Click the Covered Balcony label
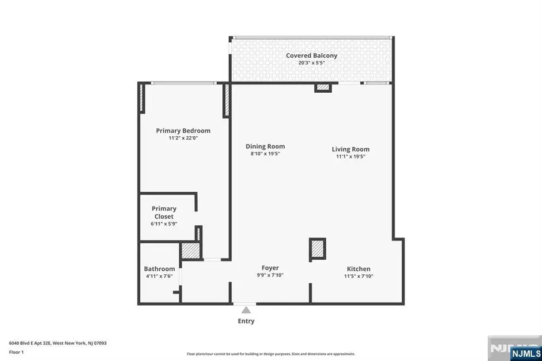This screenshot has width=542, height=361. pyautogui.click(x=311, y=55)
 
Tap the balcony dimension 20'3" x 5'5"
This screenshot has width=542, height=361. pyautogui.click(x=311, y=63)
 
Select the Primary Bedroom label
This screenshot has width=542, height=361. pyautogui.click(x=183, y=131)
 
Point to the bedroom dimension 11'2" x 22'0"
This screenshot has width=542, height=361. pyautogui.click(x=183, y=138)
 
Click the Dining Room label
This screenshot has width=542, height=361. pyautogui.click(x=265, y=146)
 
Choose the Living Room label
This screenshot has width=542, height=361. pyautogui.click(x=350, y=149)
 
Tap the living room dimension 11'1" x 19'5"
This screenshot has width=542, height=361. pyautogui.click(x=350, y=157)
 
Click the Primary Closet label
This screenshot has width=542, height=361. pyautogui.click(x=163, y=212)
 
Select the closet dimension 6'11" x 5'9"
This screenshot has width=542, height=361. pyautogui.click(x=163, y=224)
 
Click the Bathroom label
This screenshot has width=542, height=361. pyautogui.click(x=159, y=269)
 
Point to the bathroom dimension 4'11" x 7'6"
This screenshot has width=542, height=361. pyautogui.click(x=159, y=277)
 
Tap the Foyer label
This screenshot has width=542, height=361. pyautogui.click(x=270, y=268)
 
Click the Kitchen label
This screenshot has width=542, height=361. pyautogui.click(x=358, y=269)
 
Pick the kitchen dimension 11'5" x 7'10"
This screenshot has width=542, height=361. pyautogui.click(x=358, y=277)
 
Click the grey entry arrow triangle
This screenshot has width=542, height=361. pyautogui.click(x=246, y=310)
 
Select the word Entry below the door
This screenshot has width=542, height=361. pyautogui.click(x=246, y=321)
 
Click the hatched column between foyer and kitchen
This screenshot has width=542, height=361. pyautogui.click(x=317, y=250)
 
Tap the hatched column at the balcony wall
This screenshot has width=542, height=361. pyautogui.click(x=323, y=88)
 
